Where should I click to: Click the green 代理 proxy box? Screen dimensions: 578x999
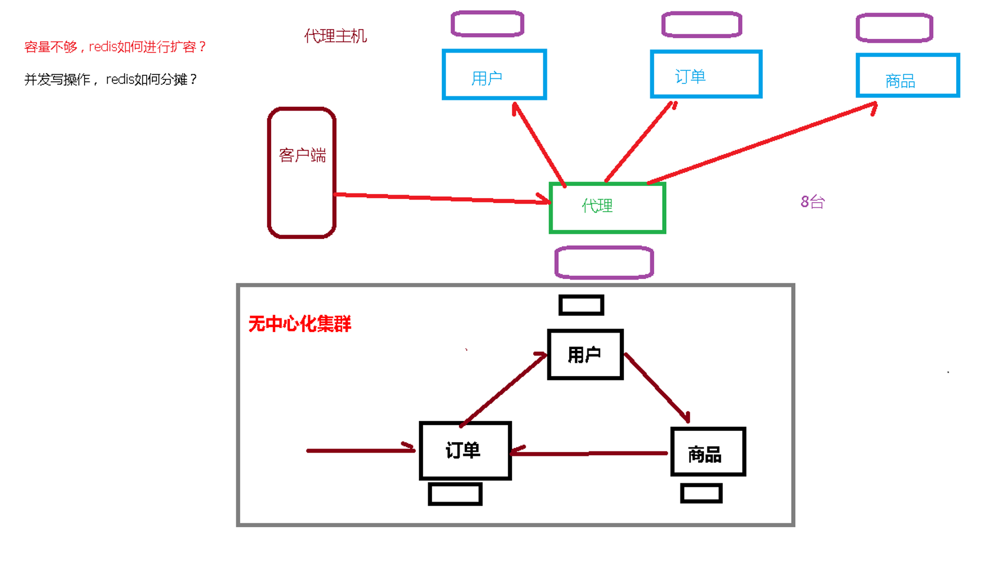pyautogui.click(x=607, y=208)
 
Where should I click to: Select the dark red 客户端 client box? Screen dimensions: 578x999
pyautogui.click(x=301, y=172)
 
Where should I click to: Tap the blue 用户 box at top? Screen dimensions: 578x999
pyautogui.click(x=494, y=75)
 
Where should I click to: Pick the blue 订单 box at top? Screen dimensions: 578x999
pyautogui.click(x=706, y=74)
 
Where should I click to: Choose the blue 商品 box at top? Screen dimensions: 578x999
pyautogui.click(x=908, y=75)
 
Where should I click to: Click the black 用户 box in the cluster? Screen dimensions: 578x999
pyautogui.click(x=585, y=354)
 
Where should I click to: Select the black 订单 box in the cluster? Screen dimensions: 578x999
pyautogui.click(x=465, y=451)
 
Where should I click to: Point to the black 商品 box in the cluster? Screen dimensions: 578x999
pyautogui.click(x=708, y=452)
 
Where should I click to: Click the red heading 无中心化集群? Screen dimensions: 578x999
pyautogui.click(x=300, y=324)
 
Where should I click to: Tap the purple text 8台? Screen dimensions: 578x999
pyautogui.click(x=812, y=202)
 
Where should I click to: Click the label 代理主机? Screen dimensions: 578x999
pyautogui.click(x=335, y=36)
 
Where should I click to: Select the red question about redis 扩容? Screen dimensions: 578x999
pyautogui.click(x=115, y=47)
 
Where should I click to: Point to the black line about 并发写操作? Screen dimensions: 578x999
pyautogui.click(x=111, y=79)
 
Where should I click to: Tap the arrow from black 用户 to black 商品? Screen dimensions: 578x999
pyautogui.click(x=658, y=388)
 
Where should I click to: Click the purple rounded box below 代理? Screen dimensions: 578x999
pyautogui.click(x=604, y=262)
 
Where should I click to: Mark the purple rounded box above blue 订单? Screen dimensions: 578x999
pyautogui.click(x=702, y=25)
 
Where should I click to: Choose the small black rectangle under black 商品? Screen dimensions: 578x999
pyautogui.click(x=702, y=493)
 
